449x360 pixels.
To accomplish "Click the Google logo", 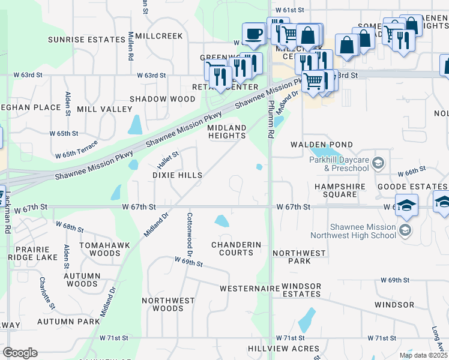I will click(20, 353).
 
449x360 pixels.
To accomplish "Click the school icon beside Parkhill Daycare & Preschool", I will click(378, 163).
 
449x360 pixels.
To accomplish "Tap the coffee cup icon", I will click(253, 34).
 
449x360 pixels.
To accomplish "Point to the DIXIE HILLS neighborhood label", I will click(176, 175).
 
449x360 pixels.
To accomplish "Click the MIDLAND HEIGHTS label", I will click(227, 132).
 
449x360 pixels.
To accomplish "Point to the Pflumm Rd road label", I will click(271, 123).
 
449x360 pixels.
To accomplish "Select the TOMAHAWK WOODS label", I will click(92, 249).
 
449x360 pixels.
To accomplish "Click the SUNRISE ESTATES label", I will click(86, 40).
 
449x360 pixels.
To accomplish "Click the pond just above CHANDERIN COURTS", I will click(221, 221).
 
